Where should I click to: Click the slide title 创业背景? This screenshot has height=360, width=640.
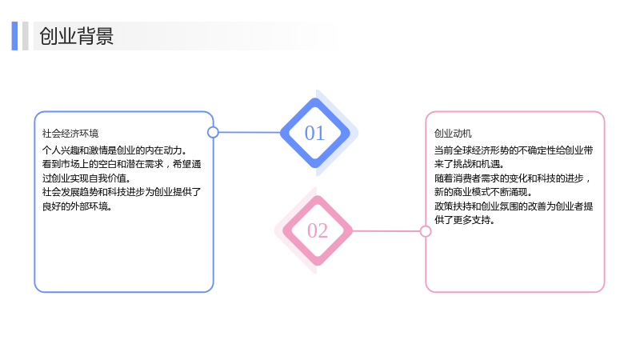point(76,36)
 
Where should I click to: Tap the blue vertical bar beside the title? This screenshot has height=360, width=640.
point(14,36)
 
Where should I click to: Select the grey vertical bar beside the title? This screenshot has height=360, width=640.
point(26,36)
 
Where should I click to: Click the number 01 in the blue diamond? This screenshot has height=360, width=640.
point(314,133)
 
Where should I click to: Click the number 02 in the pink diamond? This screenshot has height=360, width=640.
point(318,230)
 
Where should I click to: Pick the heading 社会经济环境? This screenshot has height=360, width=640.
point(70,134)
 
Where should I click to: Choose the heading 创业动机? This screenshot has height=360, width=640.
point(453,134)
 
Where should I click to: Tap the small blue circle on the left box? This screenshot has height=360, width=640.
point(213,132)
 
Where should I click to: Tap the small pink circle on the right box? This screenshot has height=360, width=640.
point(426,231)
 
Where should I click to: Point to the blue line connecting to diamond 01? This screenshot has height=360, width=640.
point(250,132)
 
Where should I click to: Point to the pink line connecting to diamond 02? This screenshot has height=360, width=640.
point(386,231)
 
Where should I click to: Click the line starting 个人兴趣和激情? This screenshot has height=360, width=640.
point(114,150)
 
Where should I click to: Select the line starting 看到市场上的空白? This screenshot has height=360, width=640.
point(122,164)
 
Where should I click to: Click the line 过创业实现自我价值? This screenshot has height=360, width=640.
point(86,178)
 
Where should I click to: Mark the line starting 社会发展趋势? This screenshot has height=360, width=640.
point(122,192)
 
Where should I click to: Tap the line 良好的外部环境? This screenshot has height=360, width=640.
point(77,206)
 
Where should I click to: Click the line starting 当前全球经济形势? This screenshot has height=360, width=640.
point(514,150)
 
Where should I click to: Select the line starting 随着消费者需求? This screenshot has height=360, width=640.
point(512,178)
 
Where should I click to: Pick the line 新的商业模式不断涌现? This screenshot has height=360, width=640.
point(483,192)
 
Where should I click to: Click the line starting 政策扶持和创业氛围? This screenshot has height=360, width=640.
point(514,206)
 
